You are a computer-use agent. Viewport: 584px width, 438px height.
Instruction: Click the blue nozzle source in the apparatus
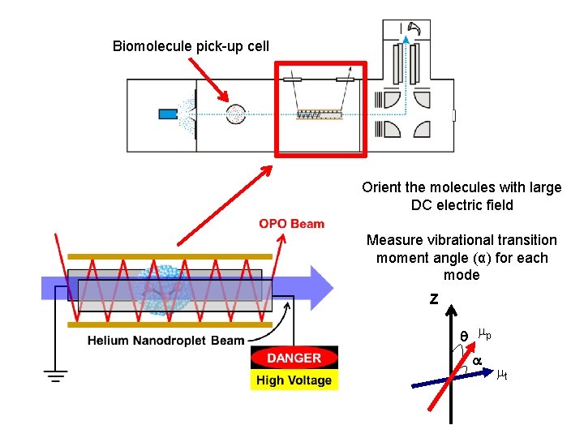(168, 114)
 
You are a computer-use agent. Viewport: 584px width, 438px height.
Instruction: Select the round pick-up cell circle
(235, 114)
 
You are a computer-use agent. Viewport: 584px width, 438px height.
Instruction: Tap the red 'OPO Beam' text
(291, 224)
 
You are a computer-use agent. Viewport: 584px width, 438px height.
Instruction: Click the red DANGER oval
(294, 358)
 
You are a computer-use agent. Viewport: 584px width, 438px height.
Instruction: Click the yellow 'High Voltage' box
(294, 380)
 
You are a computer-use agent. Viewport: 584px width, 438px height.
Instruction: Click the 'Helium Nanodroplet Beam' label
(165, 341)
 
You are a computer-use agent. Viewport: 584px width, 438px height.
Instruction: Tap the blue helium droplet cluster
(166, 286)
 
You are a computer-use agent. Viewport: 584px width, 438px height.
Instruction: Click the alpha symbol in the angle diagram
(478, 360)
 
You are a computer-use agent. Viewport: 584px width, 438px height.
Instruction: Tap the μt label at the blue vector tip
(502, 375)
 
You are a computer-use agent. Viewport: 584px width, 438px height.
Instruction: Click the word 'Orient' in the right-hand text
(381, 187)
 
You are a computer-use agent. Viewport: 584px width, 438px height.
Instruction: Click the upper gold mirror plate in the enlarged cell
(170, 255)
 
